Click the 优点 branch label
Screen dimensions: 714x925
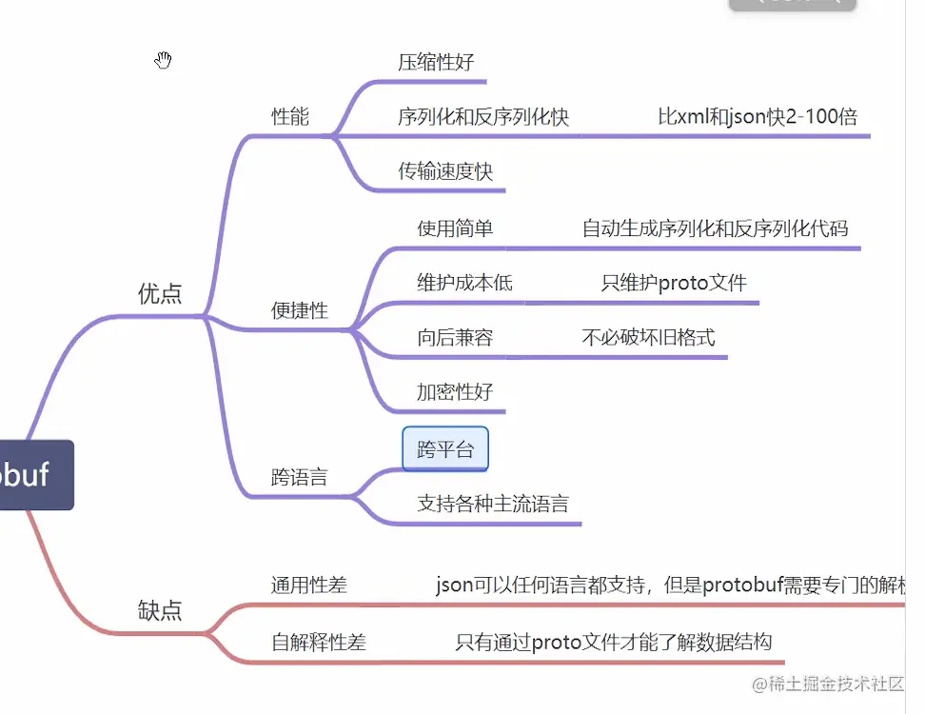coord(160,293)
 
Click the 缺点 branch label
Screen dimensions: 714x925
coord(160,609)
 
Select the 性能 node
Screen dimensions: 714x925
coord(290,117)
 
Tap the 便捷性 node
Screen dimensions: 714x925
coord(300,310)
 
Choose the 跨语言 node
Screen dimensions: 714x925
coord(299,477)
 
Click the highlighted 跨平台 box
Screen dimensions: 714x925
coord(445,449)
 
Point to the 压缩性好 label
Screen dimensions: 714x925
coord(436,63)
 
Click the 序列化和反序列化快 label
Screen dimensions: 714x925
coord(483,117)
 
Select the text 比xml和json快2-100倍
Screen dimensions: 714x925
coord(758,117)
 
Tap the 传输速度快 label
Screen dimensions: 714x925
coord(445,171)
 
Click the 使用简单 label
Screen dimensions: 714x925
coord(455,228)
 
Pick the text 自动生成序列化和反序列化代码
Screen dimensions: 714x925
coord(715,228)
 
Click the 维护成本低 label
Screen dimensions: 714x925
coord(464,283)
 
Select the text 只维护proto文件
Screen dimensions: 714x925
coord(674,283)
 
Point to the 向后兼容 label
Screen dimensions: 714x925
coord(455,337)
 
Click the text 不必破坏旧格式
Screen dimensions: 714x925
coord(648,337)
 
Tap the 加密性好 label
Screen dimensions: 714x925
coord(455,391)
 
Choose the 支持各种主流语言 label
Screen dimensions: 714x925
coord(493,503)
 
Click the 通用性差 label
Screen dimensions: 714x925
coord(309,585)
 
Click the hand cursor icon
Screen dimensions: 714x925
coord(164,61)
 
